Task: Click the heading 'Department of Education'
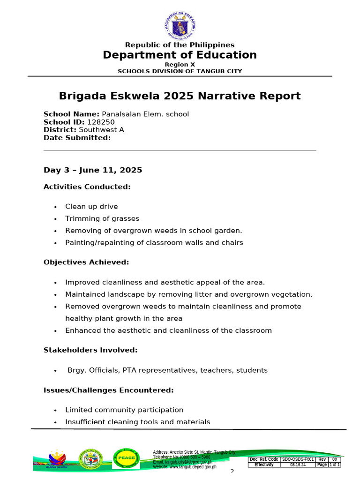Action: pos(180,55)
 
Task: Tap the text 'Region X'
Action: pos(180,64)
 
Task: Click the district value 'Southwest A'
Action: pos(101,130)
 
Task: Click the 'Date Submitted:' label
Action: pos(77,138)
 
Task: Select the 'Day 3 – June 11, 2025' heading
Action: pos(93,170)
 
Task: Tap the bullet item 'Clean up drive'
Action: pos(91,207)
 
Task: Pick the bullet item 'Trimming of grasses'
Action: pos(102,218)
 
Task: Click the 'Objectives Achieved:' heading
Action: pos(86,262)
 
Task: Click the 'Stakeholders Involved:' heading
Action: pos(90,350)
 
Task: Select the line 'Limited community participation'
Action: pos(124,410)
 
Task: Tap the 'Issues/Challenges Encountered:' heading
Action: pos(109,390)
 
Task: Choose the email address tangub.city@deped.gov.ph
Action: pos(182,462)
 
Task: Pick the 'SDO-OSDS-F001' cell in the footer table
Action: pos(298,459)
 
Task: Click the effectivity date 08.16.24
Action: pos(298,465)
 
